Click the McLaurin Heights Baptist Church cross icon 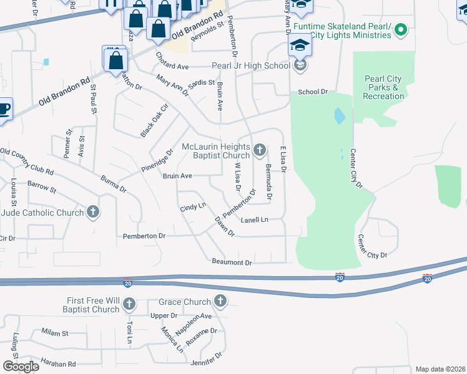tap(260, 150)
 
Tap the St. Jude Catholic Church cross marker tap(93, 213)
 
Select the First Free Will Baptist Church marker tap(129, 305)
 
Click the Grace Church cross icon tap(219, 302)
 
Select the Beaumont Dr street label tap(232, 262)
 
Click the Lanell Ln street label tap(255, 219)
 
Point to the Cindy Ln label tap(192, 206)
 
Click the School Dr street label tap(312, 92)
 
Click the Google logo tap(21, 366)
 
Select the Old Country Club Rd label tap(27, 161)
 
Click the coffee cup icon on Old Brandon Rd tap(3, 110)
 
